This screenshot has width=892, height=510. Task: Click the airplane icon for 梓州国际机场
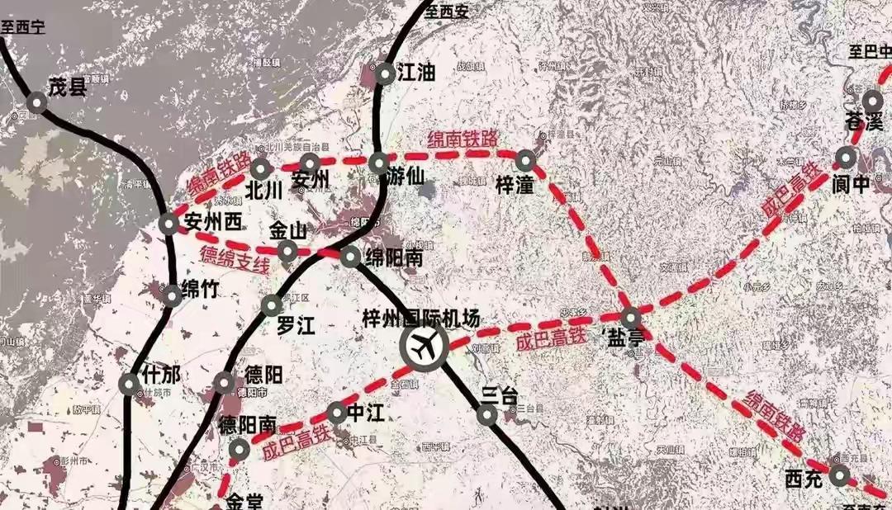coord(424,347)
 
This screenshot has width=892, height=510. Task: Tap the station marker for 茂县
coord(37,102)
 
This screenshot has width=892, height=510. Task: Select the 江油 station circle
coord(386,74)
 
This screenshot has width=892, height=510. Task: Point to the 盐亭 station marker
coord(631,317)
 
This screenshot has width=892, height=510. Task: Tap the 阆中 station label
coord(851,184)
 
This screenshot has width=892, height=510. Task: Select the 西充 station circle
coord(839,475)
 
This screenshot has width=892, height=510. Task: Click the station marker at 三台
coord(487,415)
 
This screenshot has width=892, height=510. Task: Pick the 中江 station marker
coord(336,412)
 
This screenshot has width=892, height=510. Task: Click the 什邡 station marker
coord(129,384)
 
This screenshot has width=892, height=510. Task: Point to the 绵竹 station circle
coord(171,295)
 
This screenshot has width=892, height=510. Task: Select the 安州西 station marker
coord(168,223)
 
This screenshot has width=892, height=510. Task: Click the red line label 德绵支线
coord(235,260)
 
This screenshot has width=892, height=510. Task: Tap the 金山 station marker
coord(287,250)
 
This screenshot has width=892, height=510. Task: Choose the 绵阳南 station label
coord(394,259)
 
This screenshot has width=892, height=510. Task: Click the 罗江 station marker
coord(272,306)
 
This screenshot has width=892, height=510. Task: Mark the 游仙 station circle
coord(378,163)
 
